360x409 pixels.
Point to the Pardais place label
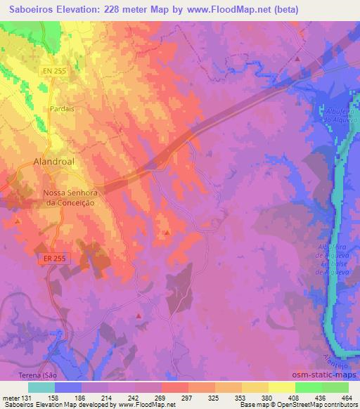[62, 109]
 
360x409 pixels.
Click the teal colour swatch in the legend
[41, 387]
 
